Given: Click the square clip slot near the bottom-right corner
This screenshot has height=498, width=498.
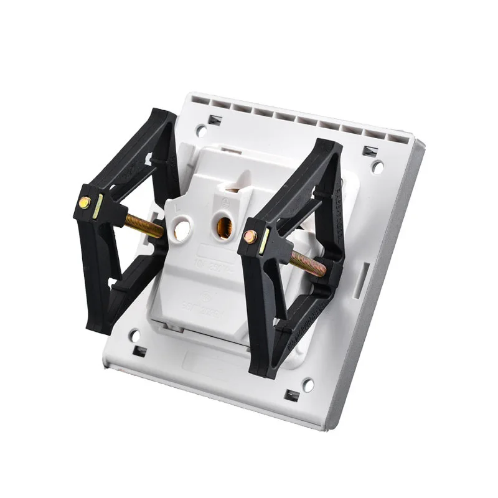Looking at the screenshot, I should coord(290,394).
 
